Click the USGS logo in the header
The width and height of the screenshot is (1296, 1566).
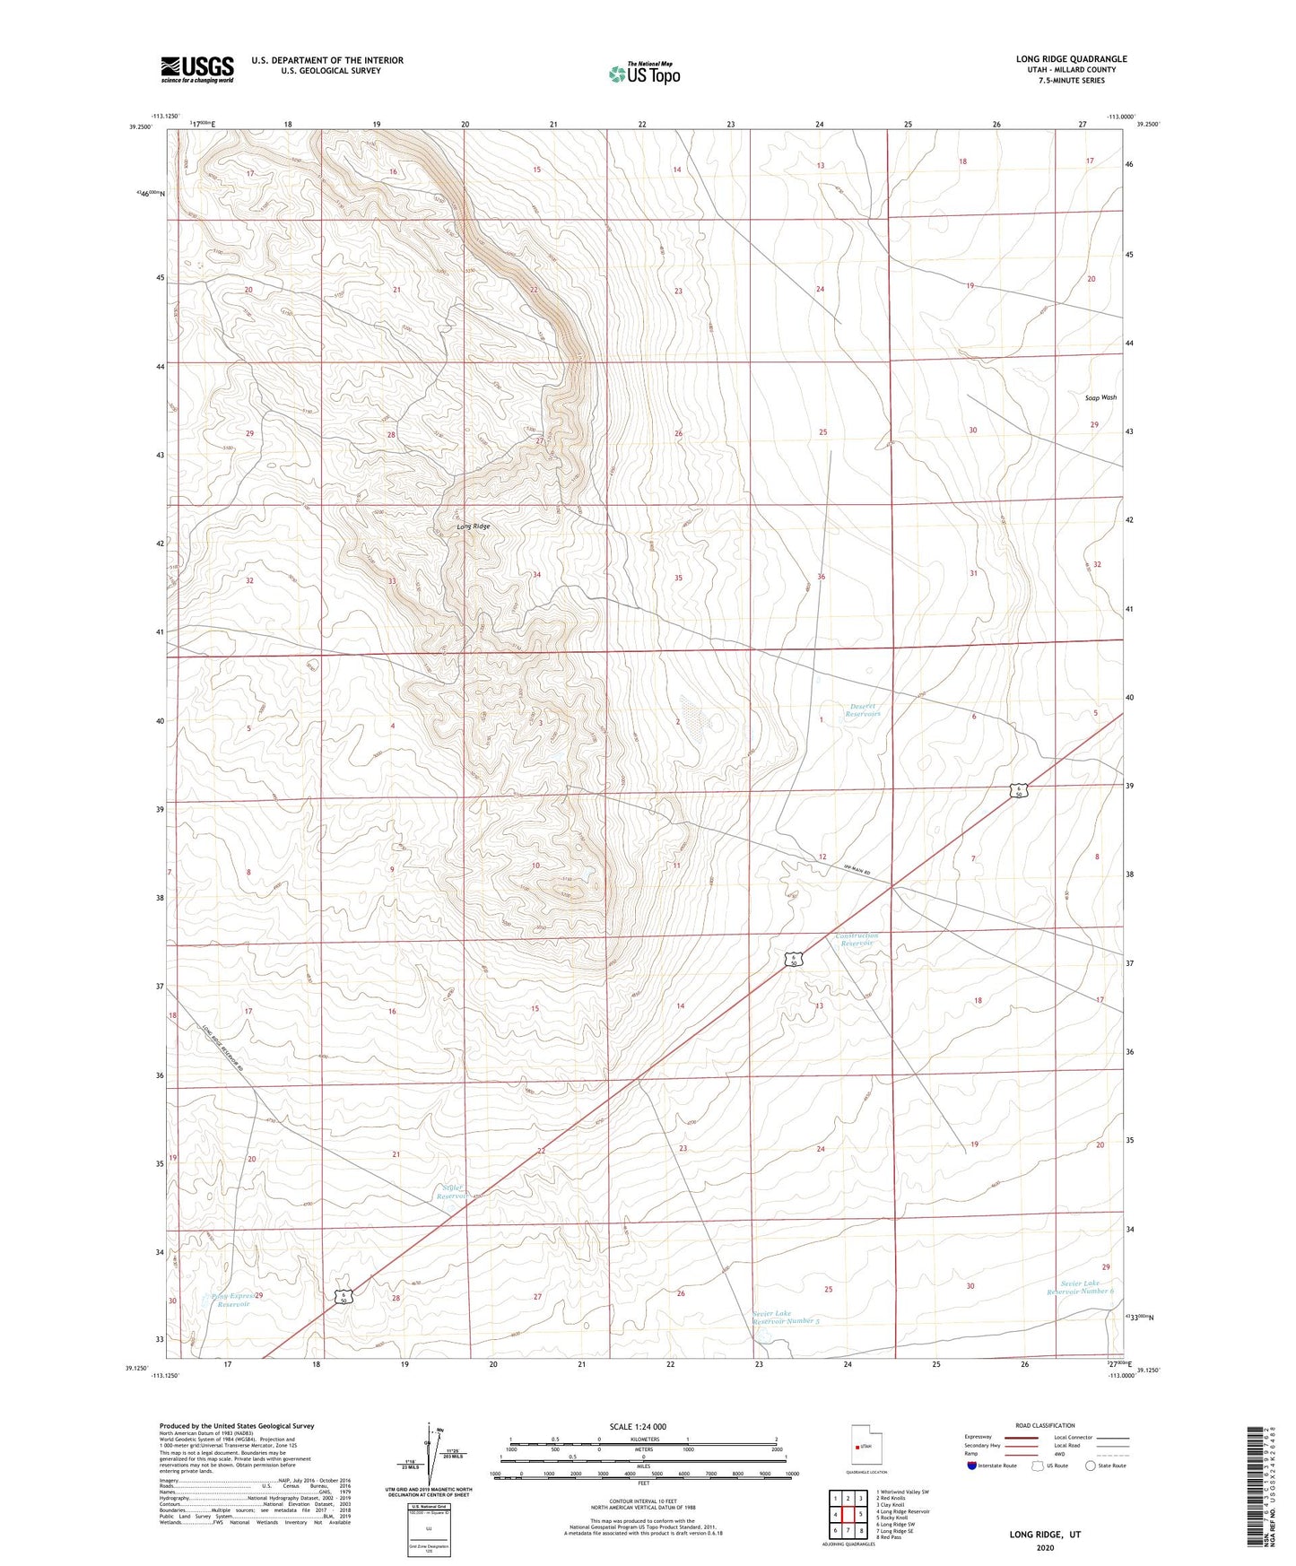pos(196,69)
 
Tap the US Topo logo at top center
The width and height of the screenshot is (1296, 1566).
pos(644,74)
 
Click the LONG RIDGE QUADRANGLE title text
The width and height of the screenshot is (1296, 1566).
pos(1071,59)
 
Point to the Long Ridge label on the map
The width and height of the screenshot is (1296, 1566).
pos(474,526)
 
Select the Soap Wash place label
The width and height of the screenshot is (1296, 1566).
pos(1100,397)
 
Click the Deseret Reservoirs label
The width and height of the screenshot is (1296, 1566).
pos(864,709)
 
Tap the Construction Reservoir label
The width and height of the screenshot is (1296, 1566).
pos(857,939)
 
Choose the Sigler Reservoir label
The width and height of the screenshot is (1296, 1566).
pos(452,1191)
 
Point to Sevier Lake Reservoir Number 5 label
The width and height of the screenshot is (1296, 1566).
pos(785,1317)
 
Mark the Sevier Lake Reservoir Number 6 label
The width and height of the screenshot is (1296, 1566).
pos(1081,1287)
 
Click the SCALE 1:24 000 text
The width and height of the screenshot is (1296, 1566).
pos(638,1426)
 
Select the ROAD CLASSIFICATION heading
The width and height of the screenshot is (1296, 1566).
pos(1045,1425)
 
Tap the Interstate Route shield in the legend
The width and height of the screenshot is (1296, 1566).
pos(973,1466)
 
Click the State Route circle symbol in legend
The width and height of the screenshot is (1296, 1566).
pos(1090,1466)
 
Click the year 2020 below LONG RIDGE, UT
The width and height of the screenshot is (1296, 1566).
pos(1045,1547)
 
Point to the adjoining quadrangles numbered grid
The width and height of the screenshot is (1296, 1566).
pos(848,1514)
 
